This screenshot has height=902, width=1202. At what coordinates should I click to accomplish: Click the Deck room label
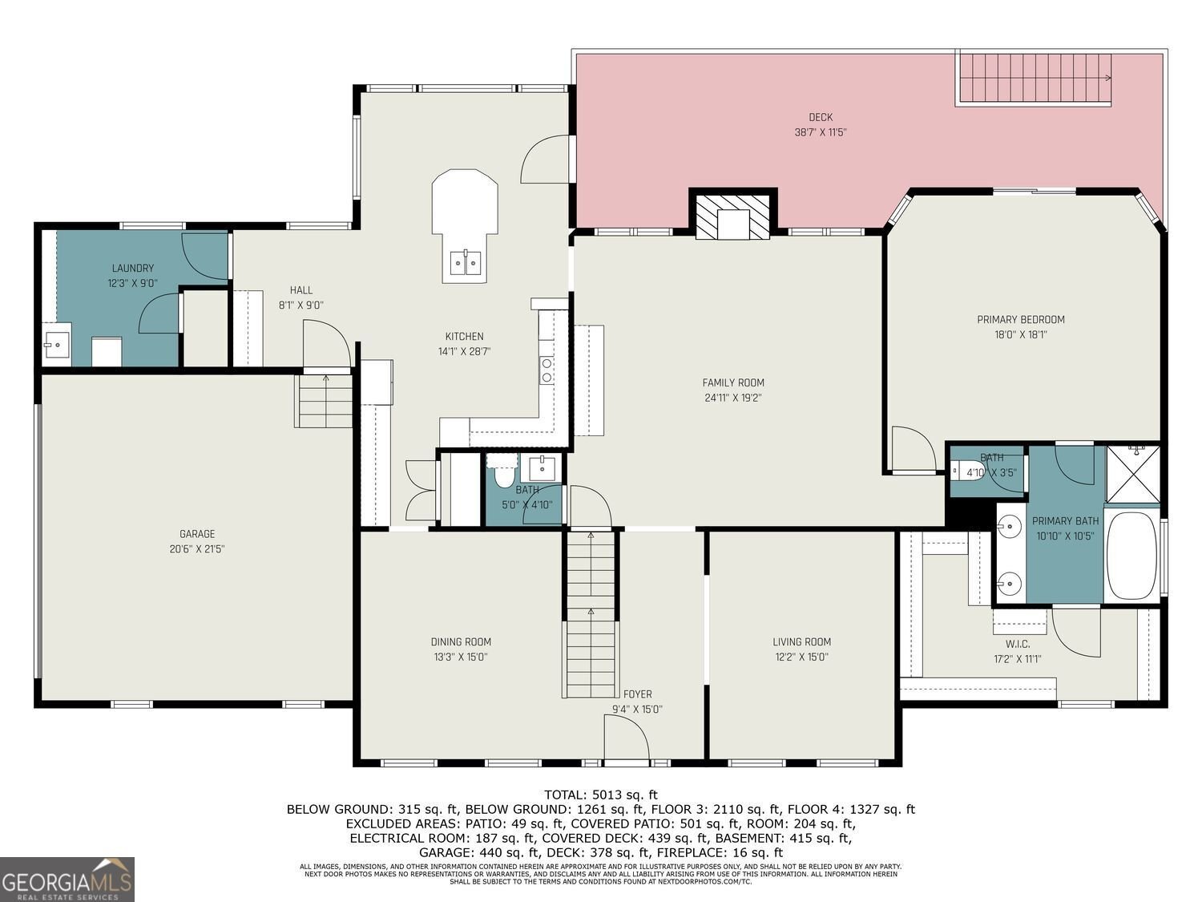coord(820,118)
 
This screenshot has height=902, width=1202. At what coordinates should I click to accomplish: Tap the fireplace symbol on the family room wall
coord(733,216)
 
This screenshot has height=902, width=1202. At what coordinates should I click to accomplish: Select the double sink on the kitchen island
coord(465,262)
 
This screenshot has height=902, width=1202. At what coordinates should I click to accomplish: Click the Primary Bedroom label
coord(1020,320)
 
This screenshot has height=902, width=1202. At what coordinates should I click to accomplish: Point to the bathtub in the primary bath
coord(1131,555)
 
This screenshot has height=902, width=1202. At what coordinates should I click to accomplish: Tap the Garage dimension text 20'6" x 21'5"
coord(196,549)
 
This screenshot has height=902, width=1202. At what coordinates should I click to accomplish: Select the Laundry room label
coord(133,269)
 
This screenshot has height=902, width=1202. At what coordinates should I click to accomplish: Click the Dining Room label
coord(461,641)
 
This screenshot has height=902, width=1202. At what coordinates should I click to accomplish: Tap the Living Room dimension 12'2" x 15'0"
coord(801,657)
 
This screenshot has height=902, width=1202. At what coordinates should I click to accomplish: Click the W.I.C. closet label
coord(1017,644)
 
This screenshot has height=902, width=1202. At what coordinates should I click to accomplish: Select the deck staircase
coord(1034,79)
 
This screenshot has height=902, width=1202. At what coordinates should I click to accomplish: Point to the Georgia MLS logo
coord(67,880)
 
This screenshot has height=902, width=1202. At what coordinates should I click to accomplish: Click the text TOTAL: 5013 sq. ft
coord(600,795)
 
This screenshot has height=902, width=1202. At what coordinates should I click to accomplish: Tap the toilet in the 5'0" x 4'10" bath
coord(504,475)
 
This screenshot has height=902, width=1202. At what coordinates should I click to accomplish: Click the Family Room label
coord(733,382)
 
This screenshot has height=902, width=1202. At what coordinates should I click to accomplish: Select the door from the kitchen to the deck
coord(543,159)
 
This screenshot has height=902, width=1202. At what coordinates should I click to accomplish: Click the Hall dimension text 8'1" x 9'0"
coord(300,305)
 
